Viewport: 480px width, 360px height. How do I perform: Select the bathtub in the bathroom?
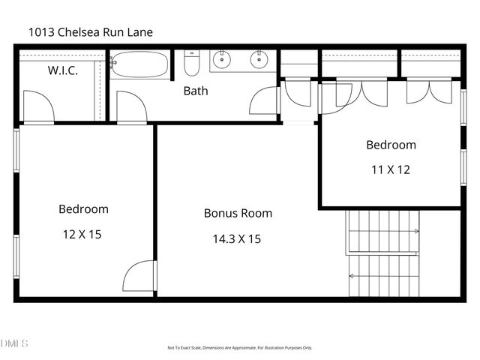(141, 64)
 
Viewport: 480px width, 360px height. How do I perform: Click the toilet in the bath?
(191, 62)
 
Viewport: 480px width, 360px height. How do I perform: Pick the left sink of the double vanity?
(222, 59)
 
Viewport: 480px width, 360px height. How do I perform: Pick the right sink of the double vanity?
(259, 59)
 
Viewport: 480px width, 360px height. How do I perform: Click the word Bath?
(196, 91)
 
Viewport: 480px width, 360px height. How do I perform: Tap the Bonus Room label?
(238, 213)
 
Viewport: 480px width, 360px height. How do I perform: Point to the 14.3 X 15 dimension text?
(238, 239)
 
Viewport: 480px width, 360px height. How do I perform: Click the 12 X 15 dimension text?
(82, 234)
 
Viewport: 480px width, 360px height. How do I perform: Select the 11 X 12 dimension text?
(390, 169)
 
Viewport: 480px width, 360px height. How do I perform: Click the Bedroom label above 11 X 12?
(390, 145)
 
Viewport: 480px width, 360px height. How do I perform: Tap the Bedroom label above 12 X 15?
(83, 209)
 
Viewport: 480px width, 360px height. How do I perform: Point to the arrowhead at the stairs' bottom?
(352, 276)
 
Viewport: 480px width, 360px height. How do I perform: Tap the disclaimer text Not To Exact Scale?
(239, 348)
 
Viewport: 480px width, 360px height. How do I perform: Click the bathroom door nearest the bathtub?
(130, 107)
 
